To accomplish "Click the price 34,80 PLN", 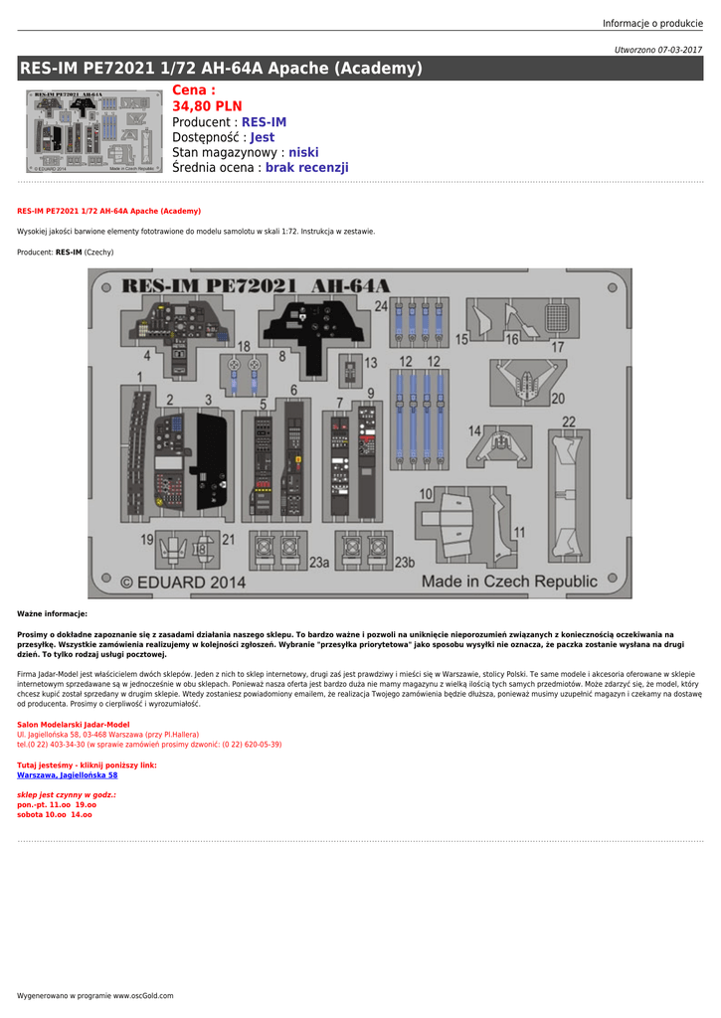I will (207, 106).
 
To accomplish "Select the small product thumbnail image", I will (93, 132).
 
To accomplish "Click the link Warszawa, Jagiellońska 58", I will (67, 774).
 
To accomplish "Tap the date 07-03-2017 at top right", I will (679, 50).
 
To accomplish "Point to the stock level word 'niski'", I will (303, 153).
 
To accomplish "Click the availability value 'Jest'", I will (262, 137).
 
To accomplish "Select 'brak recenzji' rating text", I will (306, 168).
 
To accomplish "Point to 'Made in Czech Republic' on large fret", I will (509, 581).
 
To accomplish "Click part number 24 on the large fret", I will (381, 306).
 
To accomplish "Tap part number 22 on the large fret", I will (569, 422).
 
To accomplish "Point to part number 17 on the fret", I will (558, 347).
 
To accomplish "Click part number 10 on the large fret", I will (425, 494).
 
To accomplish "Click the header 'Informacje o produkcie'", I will (651, 24).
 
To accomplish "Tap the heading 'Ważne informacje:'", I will (52, 614).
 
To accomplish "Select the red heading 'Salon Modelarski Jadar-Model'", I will (73, 724).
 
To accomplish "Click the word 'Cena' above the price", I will (193, 90).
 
